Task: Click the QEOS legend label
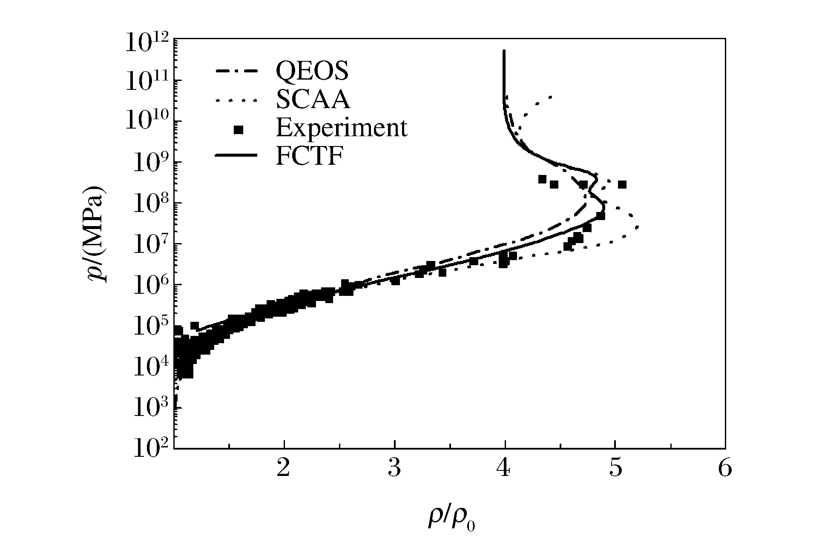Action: [x=312, y=71]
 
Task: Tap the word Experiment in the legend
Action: [x=342, y=128]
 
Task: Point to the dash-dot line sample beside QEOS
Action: [x=237, y=71]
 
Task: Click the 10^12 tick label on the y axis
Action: [x=147, y=43]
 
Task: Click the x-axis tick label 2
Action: [x=284, y=469]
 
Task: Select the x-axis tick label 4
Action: [x=505, y=469]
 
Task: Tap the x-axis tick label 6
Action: [x=725, y=469]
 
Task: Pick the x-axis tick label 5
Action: [x=615, y=469]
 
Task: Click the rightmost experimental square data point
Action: [x=622, y=184]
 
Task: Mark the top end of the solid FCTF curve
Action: [x=504, y=51]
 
